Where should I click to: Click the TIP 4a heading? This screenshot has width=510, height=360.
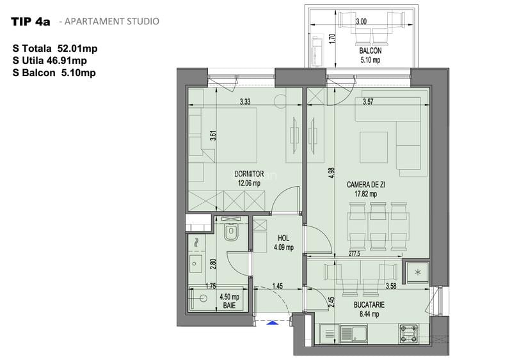coord(30,21)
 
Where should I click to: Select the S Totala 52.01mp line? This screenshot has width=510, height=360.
coord(54,48)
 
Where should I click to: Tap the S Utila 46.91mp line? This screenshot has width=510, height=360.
coord(49,61)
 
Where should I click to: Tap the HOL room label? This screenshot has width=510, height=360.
coord(283,238)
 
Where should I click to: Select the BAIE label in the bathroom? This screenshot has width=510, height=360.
coord(228,306)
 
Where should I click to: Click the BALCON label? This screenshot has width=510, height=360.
coord(371,51)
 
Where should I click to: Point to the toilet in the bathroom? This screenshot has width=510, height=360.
coord(232,233)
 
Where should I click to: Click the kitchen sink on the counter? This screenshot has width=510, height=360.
coord(350,333)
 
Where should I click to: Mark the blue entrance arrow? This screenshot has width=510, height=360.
coord(272,323)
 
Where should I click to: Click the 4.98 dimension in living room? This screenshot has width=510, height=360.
coord(331,174)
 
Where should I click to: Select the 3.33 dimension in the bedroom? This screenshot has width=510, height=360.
coord(245,102)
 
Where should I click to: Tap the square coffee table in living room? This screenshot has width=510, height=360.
coord(374,148)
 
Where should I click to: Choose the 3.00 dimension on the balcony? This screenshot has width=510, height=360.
coord(362,21)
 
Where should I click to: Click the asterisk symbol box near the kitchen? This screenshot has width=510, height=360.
coord(418,273)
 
